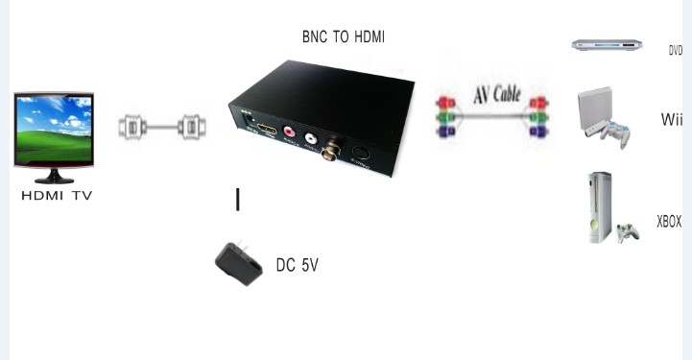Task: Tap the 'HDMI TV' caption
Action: (57, 196)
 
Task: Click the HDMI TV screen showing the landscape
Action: (54, 132)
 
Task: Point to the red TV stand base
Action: (54, 179)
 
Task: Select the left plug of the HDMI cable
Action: (131, 126)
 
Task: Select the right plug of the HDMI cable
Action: (192, 126)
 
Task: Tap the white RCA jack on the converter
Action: (311, 137)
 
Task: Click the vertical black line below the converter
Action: (238, 200)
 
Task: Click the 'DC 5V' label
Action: (297, 264)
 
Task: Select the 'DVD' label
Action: (675, 51)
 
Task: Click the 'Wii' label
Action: (671, 120)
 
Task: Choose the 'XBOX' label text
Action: (668, 222)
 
